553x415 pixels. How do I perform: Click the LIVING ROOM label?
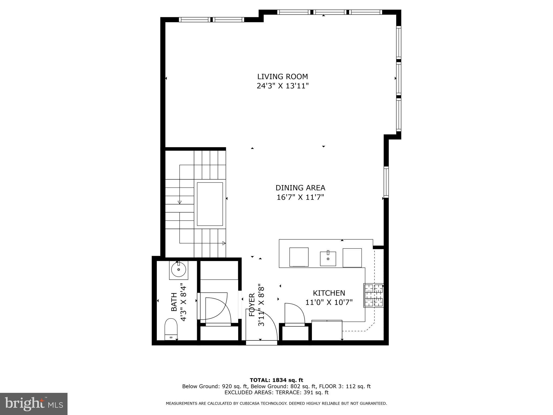[x=282, y=76]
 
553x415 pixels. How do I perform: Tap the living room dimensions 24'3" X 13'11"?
[x=282, y=86]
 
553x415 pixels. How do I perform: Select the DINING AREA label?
[x=300, y=188]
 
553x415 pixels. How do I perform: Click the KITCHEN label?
[x=329, y=293]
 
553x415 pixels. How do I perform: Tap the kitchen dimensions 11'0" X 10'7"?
[x=329, y=302]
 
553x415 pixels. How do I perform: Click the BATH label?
[x=174, y=302]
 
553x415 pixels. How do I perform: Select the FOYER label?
[x=252, y=305]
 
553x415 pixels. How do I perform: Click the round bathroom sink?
[x=178, y=270]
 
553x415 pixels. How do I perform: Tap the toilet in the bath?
[x=171, y=329]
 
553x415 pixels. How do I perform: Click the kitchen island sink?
[x=328, y=259]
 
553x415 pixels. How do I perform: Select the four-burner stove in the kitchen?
[x=374, y=295]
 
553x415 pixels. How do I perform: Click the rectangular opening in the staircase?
[x=210, y=204]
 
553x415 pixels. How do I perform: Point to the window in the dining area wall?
[x=386, y=182]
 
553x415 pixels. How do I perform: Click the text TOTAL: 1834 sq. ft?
[x=276, y=380]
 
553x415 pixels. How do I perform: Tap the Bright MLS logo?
[x=34, y=404]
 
